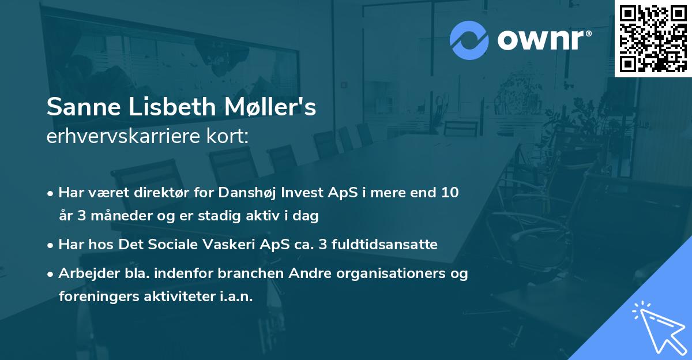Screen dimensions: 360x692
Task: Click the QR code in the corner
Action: click(x=653, y=38)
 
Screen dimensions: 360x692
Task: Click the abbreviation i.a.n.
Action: click(x=234, y=297)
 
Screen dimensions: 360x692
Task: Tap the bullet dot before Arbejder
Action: click(x=51, y=274)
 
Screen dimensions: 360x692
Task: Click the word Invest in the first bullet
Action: click(x=309, y=193)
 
